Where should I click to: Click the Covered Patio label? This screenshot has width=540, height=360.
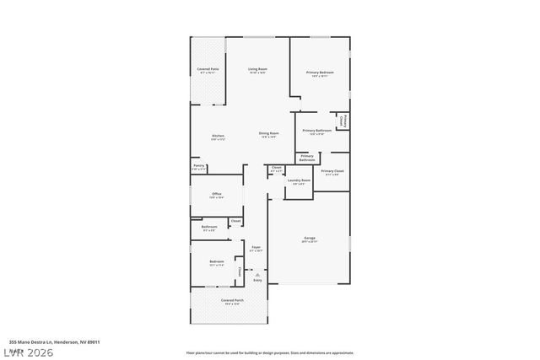(x=208, y=69)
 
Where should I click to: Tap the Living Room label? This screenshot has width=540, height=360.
(x=257, y=69)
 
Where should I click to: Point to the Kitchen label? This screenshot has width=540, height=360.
(x=218, y=137)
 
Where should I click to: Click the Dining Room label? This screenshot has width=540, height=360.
(x=268, y=133)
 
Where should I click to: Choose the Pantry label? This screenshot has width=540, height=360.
(x=199, y=166)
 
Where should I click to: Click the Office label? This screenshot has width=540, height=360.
(x=217, y=194)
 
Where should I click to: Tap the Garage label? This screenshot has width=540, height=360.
(x=310, y=239)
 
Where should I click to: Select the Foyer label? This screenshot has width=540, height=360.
(x=256, y=247)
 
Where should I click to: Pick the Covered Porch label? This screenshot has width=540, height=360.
(x=233, y=300)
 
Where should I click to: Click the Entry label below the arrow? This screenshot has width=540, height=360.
(x=257, y=280)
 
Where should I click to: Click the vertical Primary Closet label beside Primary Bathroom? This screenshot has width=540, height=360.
(x=342, y=121)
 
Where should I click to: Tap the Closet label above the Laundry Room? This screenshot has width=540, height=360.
(x=276, y=168)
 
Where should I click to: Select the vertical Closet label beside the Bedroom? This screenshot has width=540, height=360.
(x=240, y=271)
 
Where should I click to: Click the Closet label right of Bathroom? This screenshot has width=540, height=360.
(x=235, y=221)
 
